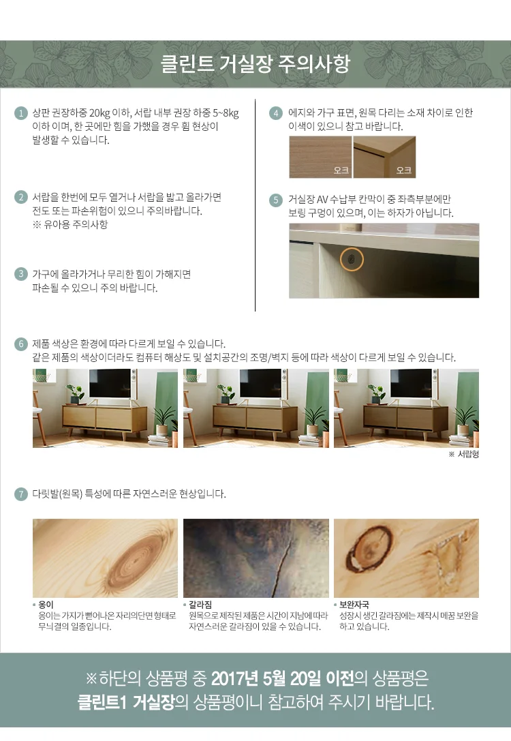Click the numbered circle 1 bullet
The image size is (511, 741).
pyautogui.click(x=20, y=113)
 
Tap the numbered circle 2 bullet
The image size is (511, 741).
pyautogui.click(x=20, y=197)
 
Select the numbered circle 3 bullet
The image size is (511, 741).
pyautogui.click(x=20, y=274)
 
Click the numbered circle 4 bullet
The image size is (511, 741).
pyautogui.click(x=276, y=113)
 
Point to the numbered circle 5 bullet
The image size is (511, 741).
pyautogui.click(x=276, y=200)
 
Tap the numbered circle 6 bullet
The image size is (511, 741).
pyautogui.click(x=20, y=344)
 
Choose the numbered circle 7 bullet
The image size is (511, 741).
pyautogui.click(x=20, y=494)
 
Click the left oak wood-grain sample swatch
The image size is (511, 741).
pyautogui.click(x=320, y=157)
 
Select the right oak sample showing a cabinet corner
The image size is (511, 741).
pyautogui.click(x=384, y=157)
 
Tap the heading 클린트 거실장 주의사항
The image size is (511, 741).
pyautogui.click(x=255, y=64)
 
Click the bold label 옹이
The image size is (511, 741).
pyautogui.click(x=46, y=605)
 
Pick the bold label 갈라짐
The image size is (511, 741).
pyautogui.click(x=200, y=605)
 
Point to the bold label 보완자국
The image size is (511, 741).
pyautogui.click(x=354, y=605)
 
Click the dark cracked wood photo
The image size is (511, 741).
pyautogui.click(x=256, y=558)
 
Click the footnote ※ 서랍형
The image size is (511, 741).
pyautogui.click(x=464, y=454)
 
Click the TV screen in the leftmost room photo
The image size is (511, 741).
pyautogui.click(x=110, y=384)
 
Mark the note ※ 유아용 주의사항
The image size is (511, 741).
pyautogui.click(x=70, y=224)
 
